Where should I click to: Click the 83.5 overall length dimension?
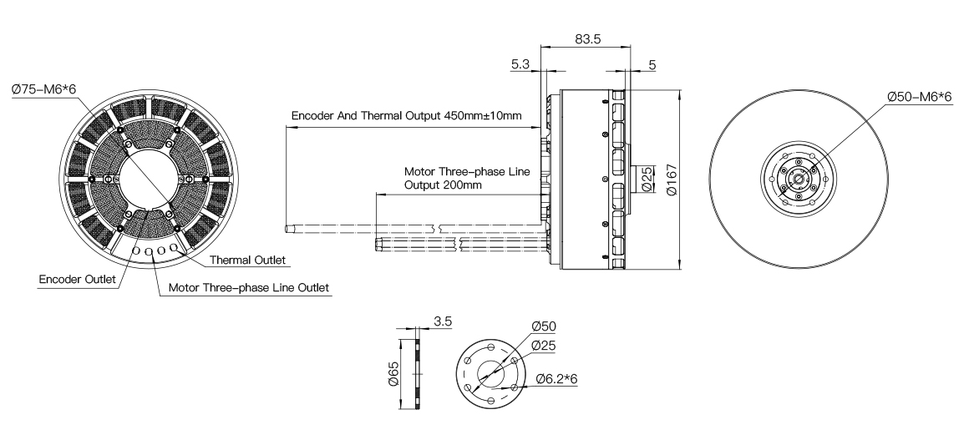click(588, 38)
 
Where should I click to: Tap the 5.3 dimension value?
click(520, 63)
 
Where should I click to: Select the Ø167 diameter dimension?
click(672, 180)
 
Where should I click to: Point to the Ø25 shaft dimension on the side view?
click(647, 179)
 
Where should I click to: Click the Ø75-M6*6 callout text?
click(43, 89)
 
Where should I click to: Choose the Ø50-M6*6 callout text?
click(920, 96)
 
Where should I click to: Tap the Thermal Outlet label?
click(248, 260)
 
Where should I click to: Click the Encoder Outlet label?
click(77, 280)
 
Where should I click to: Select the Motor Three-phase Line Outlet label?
click(249, 287)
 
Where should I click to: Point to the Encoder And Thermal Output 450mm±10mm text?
click(407, 115)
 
